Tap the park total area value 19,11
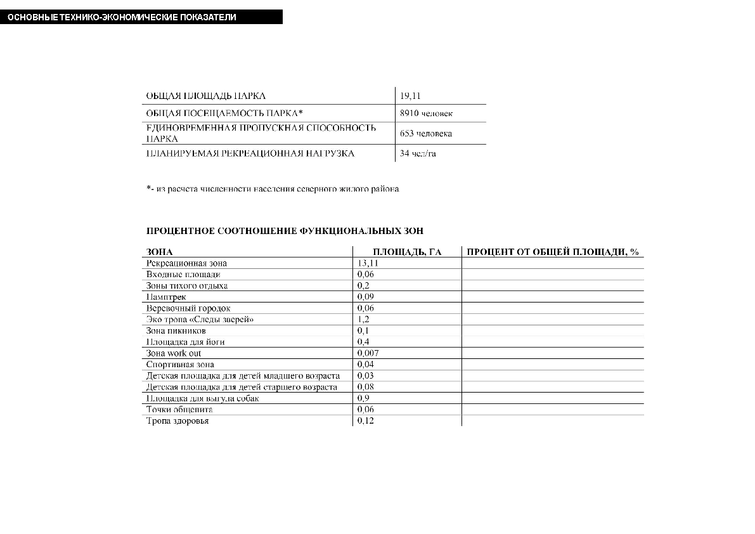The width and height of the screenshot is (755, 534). [x=410, y=96]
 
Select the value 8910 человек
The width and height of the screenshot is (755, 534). [x=426, y=114]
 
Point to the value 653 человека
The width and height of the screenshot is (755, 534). [x=425, y=134]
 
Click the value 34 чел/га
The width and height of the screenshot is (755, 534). [x=418, y=153]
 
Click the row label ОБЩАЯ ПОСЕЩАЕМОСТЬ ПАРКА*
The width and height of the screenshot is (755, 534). [x=224, y=114]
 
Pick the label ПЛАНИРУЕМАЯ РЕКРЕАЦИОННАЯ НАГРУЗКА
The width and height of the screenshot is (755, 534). [x=250, y=153]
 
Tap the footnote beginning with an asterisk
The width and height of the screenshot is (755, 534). [x=273, y=189]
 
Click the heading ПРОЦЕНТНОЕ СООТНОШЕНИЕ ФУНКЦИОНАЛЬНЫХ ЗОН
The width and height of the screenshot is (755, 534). [x=285, y=231]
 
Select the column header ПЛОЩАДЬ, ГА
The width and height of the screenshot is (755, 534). [x=406, y=252]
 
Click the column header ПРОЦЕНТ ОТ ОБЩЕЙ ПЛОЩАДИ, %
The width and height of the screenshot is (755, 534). [x=552, y=252]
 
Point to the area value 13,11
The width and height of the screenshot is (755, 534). [x=368, y=263]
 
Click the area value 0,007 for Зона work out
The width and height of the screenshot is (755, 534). [x=368, y=353]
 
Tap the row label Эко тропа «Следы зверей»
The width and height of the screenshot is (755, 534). [x=200, y=320]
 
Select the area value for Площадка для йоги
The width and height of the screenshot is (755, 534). [x=363, y=342]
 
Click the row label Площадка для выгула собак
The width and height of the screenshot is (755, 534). [x=202, y=398]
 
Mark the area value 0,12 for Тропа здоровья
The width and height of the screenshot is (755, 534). [x=365, y=421]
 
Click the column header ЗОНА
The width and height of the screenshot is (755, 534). [x=159, y=252]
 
